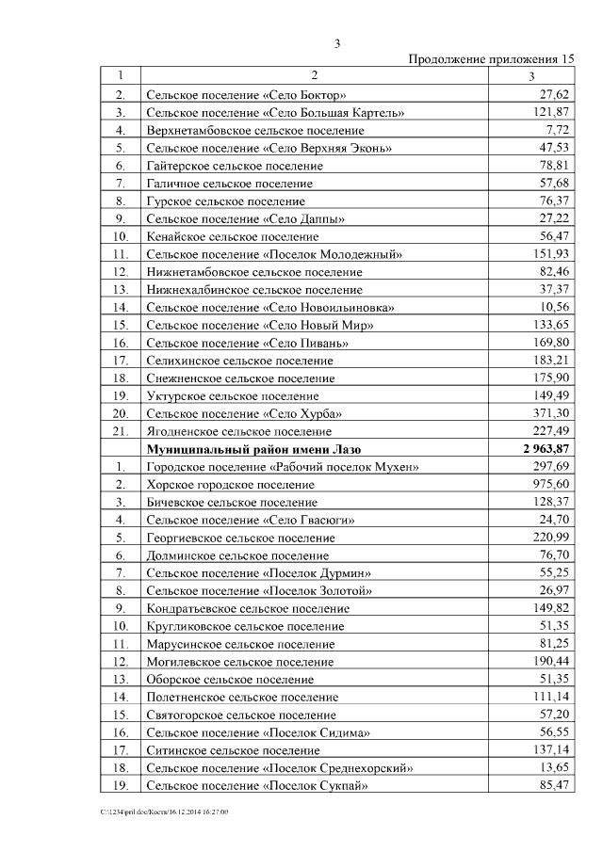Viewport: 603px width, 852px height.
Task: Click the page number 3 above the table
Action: [x=337, y=43]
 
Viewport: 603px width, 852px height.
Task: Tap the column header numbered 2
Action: [x=315, y=76]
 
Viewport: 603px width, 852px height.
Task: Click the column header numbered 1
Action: [x=121, y=76]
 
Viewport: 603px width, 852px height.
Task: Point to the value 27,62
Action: [x=554, y=95]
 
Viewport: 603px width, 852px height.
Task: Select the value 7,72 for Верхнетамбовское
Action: [x=558, y=130]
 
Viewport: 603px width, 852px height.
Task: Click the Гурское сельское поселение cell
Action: [x=226, y=201]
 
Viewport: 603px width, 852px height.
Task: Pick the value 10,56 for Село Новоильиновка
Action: [x=554, y=307]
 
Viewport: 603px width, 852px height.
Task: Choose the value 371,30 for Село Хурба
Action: [x=551, y=413]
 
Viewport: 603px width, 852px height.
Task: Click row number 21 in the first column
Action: [x=121, y=431]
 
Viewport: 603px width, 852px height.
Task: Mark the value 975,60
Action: [x=551, y=484]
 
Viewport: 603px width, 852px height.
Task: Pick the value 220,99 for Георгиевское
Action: [x=551, y=538]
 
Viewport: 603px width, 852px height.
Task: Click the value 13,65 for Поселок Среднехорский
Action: [x=554, y=767]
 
